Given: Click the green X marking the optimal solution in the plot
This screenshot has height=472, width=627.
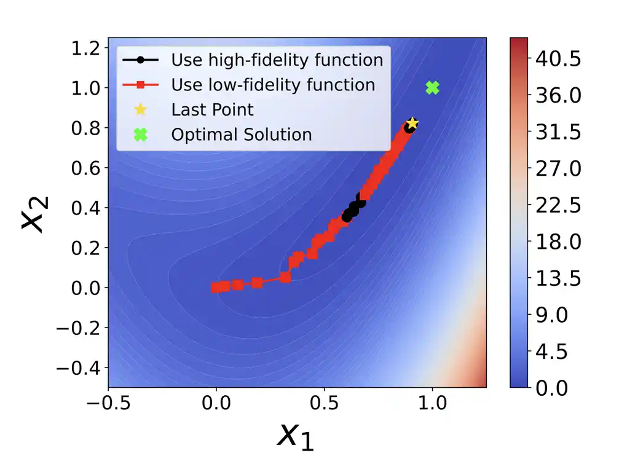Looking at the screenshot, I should pyautogui.click(x=432, y=88).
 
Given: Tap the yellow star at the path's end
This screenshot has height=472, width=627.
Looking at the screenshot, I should pyautogui.click(x=412, y=124).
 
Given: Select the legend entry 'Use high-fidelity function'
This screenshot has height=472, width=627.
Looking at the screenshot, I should pyautogui.click(x=277, y=60).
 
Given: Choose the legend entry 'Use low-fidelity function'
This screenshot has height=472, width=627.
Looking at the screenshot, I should pyautogui.click(x=273, y=85).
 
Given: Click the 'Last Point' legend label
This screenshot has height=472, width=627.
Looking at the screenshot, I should pyautogui.click(x=212, y=110).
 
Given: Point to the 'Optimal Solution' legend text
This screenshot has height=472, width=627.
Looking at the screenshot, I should pyautogui.click(x=241, y=135).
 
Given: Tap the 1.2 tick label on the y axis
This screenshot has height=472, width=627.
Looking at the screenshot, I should pyautogui.click(x=84, y=48).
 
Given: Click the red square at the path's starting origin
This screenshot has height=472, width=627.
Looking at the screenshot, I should pyautogui.click(x=216, y=288).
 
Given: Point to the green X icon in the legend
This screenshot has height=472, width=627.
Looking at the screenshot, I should pyautogui.click(x=141, y=135).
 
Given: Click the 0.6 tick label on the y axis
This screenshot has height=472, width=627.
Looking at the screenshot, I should pyautogui.click(x=84, y=168).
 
